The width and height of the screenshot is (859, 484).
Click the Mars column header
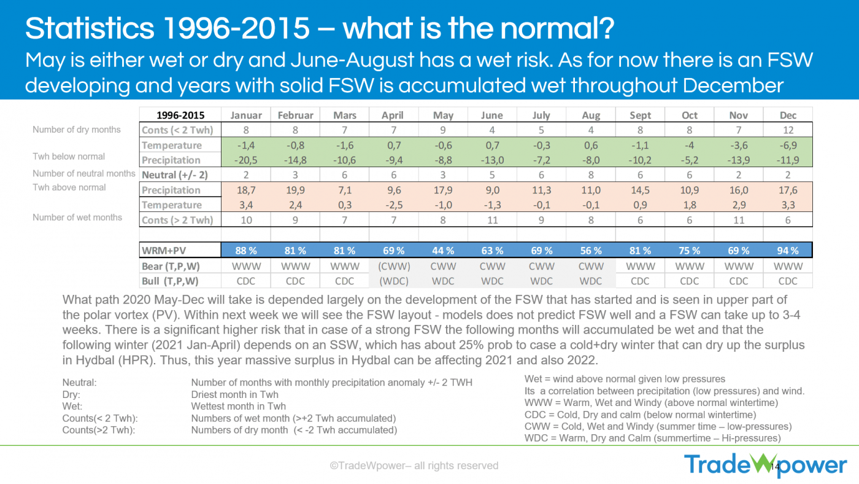[344, 115]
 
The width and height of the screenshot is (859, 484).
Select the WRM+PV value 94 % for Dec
[788, 251]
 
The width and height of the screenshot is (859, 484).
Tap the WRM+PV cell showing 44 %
[443, 251]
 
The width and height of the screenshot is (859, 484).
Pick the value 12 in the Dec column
[788, 130]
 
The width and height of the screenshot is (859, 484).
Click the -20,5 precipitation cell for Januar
[246, 160]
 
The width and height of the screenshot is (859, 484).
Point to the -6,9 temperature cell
[788, 145]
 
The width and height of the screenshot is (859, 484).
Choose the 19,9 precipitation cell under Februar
[295, 190]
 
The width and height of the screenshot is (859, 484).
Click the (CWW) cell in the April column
[394, 266]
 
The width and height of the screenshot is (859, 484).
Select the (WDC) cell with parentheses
[394, 281]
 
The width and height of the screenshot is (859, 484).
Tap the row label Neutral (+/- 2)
[175, 175]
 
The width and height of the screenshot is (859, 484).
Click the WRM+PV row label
[164, 251]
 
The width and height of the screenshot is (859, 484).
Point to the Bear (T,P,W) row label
[170, 266]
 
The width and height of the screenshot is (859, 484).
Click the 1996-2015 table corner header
[180, 115]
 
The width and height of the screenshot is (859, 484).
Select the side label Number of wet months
[77, 217]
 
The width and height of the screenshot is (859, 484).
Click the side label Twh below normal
[69, 156]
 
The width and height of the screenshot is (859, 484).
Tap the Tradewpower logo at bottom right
[766, 465]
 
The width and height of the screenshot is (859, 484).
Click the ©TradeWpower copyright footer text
[414, 466]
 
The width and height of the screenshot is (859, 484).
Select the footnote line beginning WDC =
[652, 438]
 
